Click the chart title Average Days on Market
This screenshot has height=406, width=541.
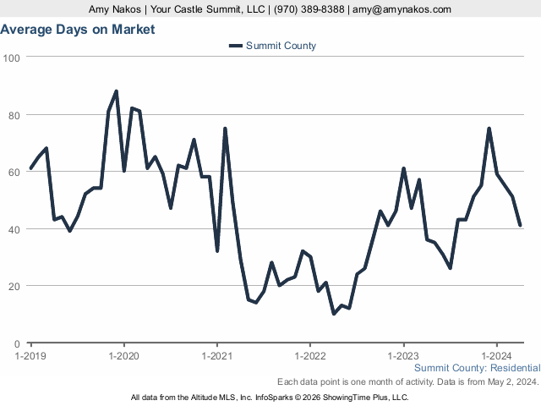pyautogui.click(x=78, y=30)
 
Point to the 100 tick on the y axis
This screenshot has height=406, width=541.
pyautogui.click(x=12, y=58)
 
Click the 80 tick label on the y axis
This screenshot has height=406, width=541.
pyautogui.click(x=14, y=115)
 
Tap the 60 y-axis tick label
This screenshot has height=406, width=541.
pyautogui.click(x=14, y=172)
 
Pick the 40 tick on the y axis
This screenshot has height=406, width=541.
pyautogui.click(x=14, y=229)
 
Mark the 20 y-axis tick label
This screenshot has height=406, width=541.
pyautogui.click(x=14, y=287)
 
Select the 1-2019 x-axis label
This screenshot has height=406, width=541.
pyautogui.click(x=31, y=356)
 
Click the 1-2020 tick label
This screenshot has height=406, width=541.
pyautogui.click(x=124, y=356)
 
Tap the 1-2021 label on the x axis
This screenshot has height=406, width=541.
pyautogui.click(x=217, y=356)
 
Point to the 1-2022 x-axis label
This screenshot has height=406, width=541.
pyautogui.click(x=310, y=356)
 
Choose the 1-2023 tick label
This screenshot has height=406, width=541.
pyautogui.click(x=403, y=356)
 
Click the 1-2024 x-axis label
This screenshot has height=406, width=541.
pyautogui.click(x=496, y=356)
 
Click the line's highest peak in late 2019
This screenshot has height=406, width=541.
pyautogui.click(x=116, y=91)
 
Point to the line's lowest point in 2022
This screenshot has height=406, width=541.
pyautogui.click(x=334, y=314)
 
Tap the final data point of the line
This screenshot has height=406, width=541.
pyautogui.click(x=520, y=225)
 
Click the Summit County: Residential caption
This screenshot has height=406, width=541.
pyautogui.click(x=477, y=368)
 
